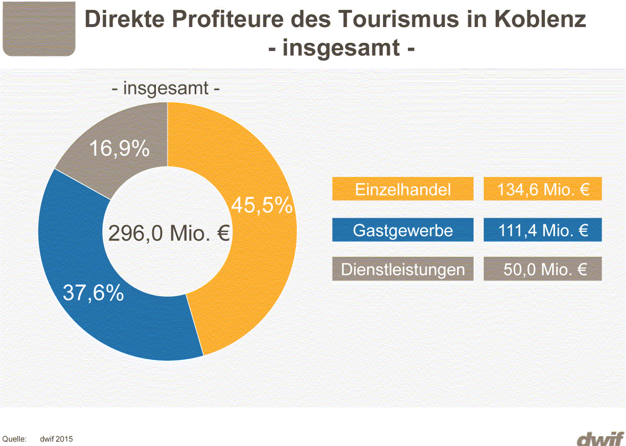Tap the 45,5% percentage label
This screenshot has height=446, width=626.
click(x=262, y=205)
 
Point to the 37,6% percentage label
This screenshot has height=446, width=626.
click(x=93, y=292)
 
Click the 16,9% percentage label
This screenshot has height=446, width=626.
click(x=119, y=148)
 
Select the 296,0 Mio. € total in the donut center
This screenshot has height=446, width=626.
click(x=169, y=233)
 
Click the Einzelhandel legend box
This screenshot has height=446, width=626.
click(x=403, y=189)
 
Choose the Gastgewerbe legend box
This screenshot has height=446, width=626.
click(x=403, y=230)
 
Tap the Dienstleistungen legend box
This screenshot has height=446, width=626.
click(x=403, y=269)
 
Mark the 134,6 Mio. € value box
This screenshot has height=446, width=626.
click(x=543, y=189)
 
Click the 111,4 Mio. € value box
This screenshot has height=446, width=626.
click(x=543, y=230)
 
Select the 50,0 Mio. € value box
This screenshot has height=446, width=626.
click(x=543, y=269)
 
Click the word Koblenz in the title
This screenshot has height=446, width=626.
click(x=540, y=19)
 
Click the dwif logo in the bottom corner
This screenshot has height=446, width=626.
click(x=600, y=439)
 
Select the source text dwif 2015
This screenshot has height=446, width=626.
click(x=56, y=439)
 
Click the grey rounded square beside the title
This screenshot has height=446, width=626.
click(x=39, y=28)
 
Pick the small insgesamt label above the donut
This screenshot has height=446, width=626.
click(x=166, y=88)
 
